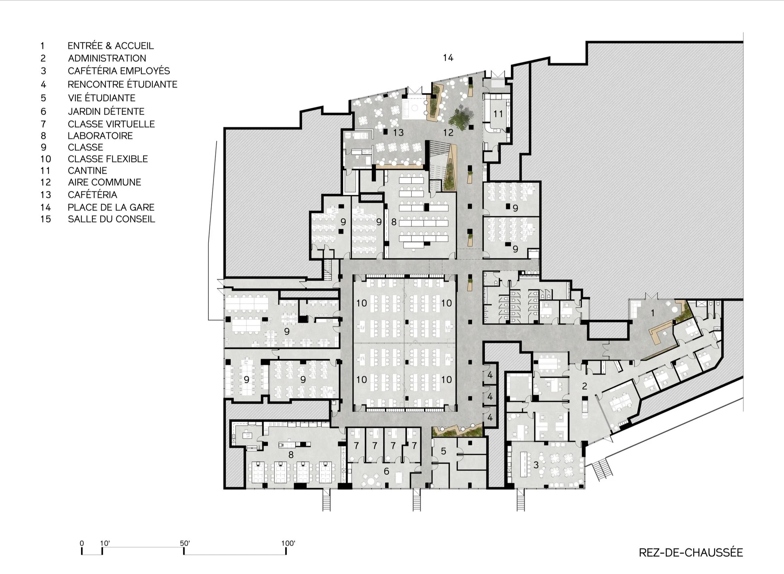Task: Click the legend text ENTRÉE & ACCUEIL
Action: point(110,46)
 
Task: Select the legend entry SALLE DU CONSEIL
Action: point(111,219)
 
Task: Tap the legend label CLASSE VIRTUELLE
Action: point(111,124)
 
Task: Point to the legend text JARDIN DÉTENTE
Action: point(106,112)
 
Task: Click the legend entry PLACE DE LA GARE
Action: point(111,207)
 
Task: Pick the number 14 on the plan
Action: point(448,58)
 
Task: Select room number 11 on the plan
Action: point(498,114)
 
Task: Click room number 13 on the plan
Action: point(399,132)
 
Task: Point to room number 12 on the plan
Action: point(448,132)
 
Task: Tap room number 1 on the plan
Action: point(653,313)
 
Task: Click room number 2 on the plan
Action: point(584,386)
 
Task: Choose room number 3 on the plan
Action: point(536,465)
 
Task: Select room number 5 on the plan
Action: point(443,451)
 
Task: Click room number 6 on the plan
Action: point(386,471)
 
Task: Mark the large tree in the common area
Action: point(461,119)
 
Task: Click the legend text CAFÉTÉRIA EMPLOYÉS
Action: point(119,71)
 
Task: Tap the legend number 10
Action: point(45,159)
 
